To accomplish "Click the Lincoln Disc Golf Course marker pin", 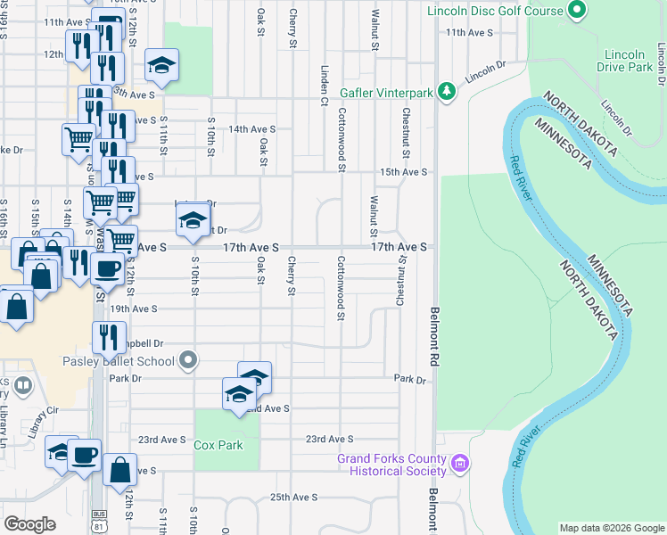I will (x=576, y=12).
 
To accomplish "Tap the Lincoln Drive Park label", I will (x=623, y=61).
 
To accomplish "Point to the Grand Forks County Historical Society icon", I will (x=460, y=464).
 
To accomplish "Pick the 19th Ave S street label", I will (x=134, y=309).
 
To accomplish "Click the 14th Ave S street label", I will (x=251, y=128).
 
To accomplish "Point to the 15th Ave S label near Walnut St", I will (x=403, y=172).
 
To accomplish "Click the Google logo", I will (x=29, y=524).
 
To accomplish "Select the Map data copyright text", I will (x=611, y=528).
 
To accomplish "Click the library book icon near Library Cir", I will (x=23, y=387).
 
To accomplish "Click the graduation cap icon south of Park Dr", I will (x=239, y=394).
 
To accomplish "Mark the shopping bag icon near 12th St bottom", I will (x=119, y=467).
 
